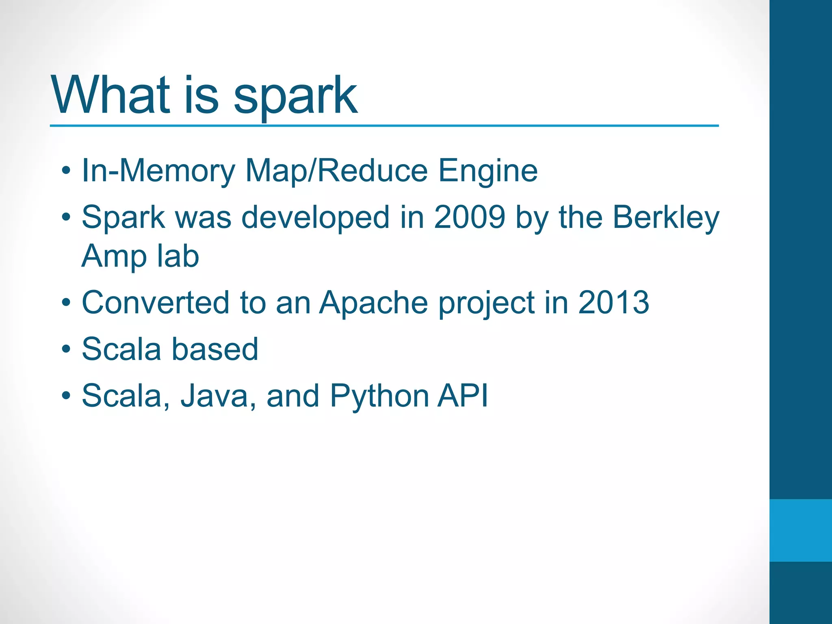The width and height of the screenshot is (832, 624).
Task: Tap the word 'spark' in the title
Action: (295, 97)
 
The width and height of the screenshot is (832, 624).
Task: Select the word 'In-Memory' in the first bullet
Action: (158, 171)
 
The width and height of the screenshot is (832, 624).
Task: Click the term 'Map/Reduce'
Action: (336, 171)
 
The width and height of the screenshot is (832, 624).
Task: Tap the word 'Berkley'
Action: (665, 218)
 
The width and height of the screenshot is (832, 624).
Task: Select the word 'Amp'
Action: (114, 257)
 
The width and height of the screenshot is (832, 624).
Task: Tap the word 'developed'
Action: (316, 218)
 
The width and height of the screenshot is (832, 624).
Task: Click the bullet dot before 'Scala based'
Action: (66, 349)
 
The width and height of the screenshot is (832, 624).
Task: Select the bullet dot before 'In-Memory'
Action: (66, 171)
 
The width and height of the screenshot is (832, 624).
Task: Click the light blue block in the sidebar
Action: (800, 530)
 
